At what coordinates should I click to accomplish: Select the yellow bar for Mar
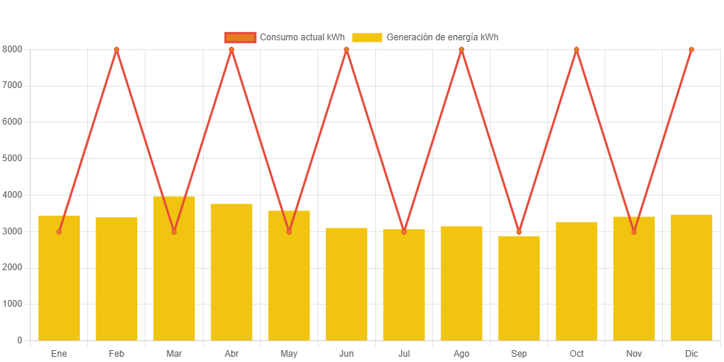(x=174, y=269)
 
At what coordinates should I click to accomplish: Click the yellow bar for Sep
(x=519, y=288)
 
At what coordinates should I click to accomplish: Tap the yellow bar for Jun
(x=347, y=284)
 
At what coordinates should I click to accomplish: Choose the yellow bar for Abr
(x=231, y=272)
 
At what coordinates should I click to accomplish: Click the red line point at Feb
(x=116, y=49)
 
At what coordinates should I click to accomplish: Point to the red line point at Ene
(x=59, y=231)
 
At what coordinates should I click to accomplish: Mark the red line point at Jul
(x=404, y=231)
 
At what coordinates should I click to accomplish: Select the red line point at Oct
(x=576, y=49)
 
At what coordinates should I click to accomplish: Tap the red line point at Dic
(x=691, y=49)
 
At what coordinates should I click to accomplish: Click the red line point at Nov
(x=634, y=231)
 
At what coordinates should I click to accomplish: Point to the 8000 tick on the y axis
(x=13, y=49)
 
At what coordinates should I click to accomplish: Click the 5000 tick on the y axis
(x=13, y=158)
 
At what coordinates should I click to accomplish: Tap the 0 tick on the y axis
(x=19, y=340)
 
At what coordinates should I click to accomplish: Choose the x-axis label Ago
(x=462, y=353)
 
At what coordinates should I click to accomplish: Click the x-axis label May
(x=289, y=353)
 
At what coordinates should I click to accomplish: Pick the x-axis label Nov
(x=634, y=353)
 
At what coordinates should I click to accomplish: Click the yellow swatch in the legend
(x=367, y=37)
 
